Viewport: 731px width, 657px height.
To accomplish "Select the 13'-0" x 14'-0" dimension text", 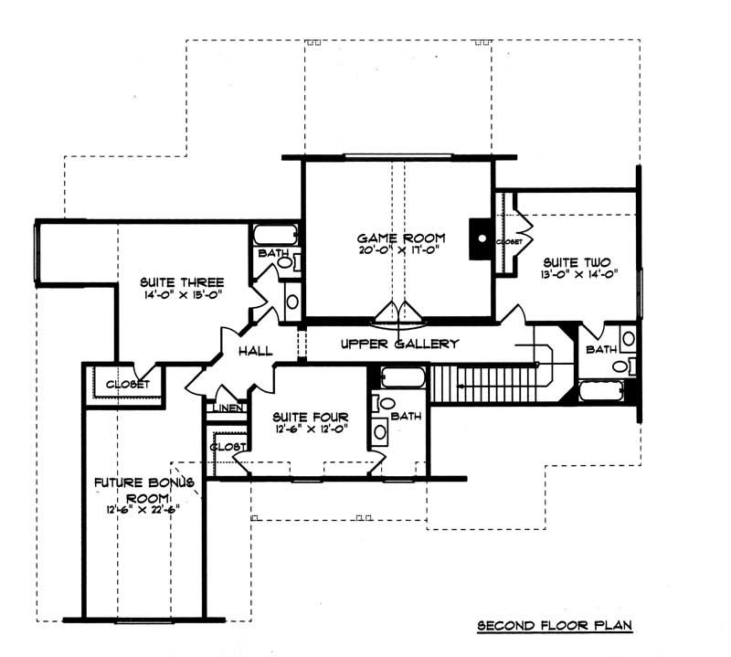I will tap(572, 273).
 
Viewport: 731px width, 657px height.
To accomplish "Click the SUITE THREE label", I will tap(182, 281).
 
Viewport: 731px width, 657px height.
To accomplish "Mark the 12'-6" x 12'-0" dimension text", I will tap(307, 428).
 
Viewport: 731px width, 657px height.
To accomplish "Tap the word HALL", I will tap(256, 352).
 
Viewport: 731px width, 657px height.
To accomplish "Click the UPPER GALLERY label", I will tap(399, 344).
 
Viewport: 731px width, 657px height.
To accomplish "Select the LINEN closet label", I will tap(228, 408).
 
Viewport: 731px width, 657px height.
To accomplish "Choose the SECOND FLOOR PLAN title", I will tap(556, 626).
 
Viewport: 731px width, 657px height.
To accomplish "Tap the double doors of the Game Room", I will tap(397, 314).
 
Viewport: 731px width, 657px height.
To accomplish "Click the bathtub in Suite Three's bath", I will tap(273, 233).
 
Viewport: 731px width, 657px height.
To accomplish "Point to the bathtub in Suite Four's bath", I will tap(401, 376).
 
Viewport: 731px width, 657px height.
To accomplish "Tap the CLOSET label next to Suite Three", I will tap(128, 385).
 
